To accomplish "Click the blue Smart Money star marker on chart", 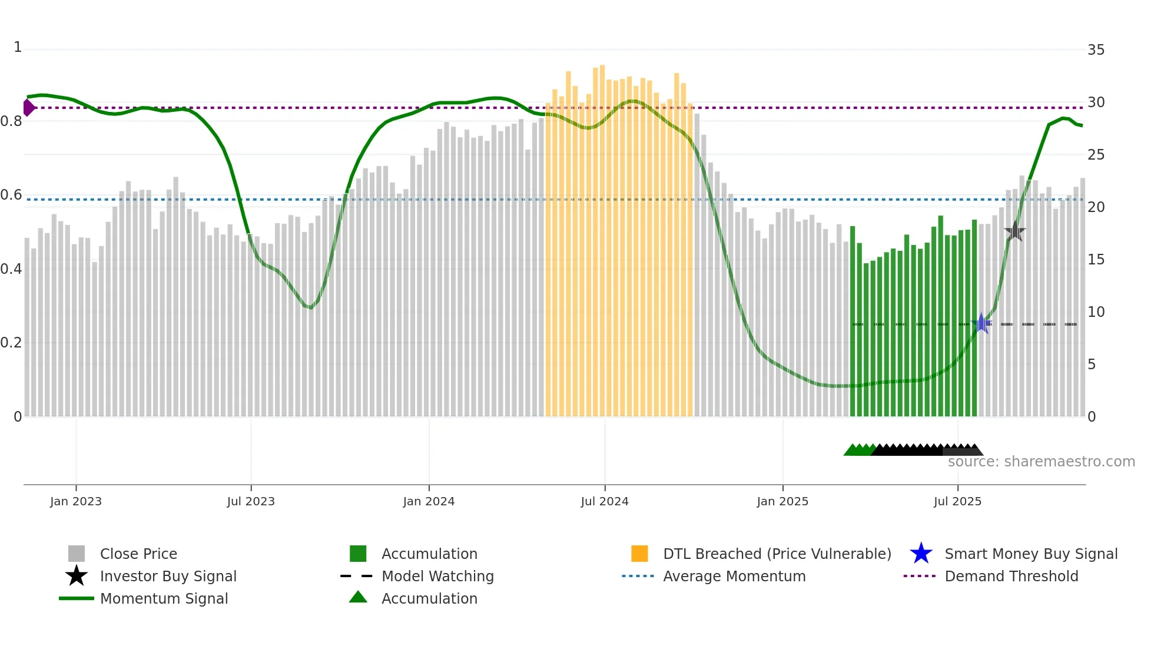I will pyautogui.click(x=981, y=323).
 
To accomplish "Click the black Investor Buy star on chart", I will pyautogui.click(x=1014, y=231).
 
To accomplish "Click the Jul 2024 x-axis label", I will pyautogui.click(x=605, y=501).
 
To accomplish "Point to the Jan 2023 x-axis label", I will pyautogui.click(x=76, y=501).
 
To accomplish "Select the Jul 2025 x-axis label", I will pyautogui.click(x=957, y=501).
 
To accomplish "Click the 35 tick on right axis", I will pyautogui.click(x=1096, y=50).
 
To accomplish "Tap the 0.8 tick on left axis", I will pyautogui.click(x=12, y=121).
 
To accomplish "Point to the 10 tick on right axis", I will pyautogui.click(x=1096, y=312).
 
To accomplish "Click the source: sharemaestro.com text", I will pyautogui.click(x=1041, y=462).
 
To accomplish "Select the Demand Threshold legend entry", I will pyautogui.click(x=1011, y=576).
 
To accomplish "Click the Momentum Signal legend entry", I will pyautogui.click(x=164, y=598).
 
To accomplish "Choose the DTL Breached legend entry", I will pyautogui.click(x=777, y=554).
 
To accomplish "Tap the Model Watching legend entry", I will pyautogui.click(x=437, y=576).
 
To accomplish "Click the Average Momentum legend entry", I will pyautogui.click(x=734, y=576).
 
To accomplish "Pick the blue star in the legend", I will pyautogui.click(x=921, y=554).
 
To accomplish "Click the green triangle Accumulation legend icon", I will pyautogui.click(x=358, y=597).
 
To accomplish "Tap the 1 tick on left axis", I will pyautogui.click(x=18, y=47).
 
